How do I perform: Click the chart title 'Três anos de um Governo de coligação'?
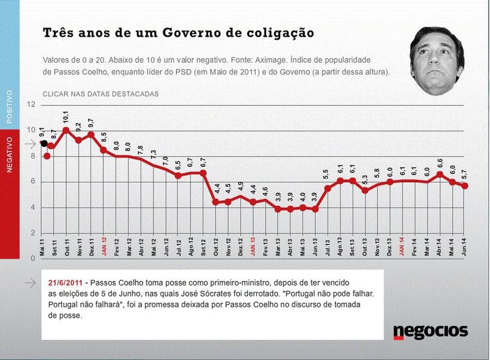pos(178,32)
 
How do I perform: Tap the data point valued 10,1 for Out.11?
pos(66,130)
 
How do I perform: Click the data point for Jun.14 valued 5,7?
pos(465,186)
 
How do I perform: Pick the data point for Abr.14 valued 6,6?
pos(440,174)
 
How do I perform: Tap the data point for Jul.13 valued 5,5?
pos(328,188)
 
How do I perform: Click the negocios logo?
pos(430,331)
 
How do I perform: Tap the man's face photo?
pos(437,61)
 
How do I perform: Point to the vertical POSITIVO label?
pos(10,107)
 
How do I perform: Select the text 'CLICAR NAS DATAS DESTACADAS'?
pos(101,94)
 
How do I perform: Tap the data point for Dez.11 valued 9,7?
pos(91,135)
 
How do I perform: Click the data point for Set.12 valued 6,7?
pos(203,173)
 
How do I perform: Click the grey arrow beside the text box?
pos(30,282)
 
